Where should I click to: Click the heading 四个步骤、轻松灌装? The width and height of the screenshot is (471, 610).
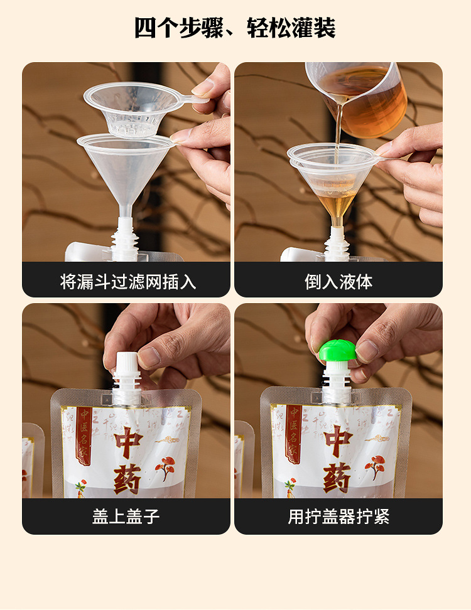(x=235, y=28)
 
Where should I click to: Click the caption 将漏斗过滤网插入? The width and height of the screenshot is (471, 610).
(x=128, y=282)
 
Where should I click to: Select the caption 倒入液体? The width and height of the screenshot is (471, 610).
(x=338, y=282)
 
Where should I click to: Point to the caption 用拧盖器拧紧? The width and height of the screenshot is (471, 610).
(x=338, y=516)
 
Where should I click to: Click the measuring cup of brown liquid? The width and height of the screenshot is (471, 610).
(x=361, y=97)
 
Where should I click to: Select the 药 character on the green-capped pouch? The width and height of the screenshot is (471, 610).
(x=337, y=480)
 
